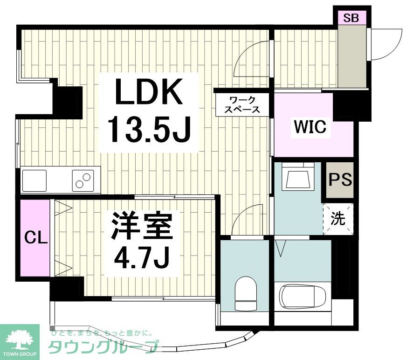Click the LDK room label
149,93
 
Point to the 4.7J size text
139,256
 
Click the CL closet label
35,239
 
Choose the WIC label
310,126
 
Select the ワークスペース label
242,104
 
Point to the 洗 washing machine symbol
338,219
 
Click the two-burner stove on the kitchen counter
83,180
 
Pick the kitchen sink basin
34,180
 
